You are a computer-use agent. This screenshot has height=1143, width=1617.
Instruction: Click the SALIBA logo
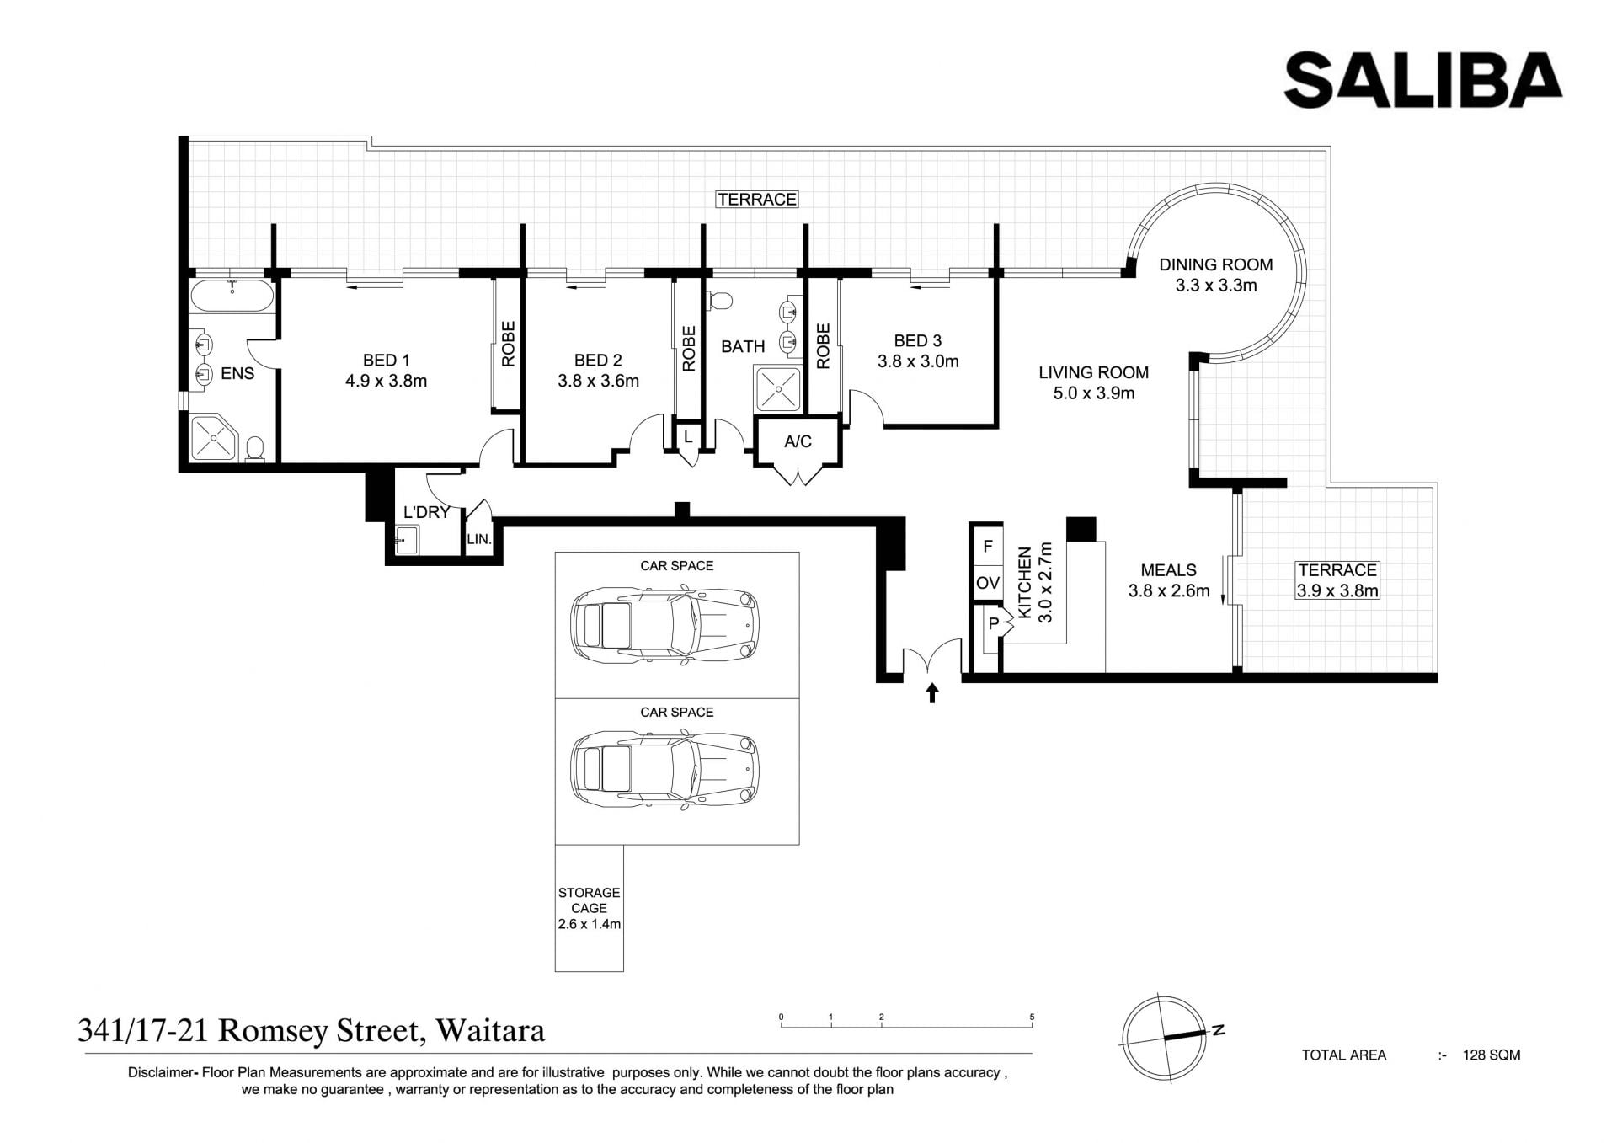pos(1422,79)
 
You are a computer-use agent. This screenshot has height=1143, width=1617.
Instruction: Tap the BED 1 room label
pos(386,361)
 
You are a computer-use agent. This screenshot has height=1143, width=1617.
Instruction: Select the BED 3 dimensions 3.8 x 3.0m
pos(918,361)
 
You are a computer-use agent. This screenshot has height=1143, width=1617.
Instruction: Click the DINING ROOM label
pos(1215,264)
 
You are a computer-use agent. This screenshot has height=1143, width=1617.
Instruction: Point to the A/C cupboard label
pos(798,441)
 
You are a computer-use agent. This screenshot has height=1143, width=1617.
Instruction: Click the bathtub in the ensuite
pos(232,296)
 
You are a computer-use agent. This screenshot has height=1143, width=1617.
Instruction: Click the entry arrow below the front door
pos(931,692)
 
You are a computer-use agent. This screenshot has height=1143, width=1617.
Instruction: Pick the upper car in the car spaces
pos(665,624)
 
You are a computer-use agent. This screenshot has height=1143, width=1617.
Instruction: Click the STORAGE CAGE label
pos(589,900)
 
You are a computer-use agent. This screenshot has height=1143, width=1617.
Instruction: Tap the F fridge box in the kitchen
pos(988,547)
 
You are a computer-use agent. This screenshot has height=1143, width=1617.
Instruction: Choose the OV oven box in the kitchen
pos(988,583)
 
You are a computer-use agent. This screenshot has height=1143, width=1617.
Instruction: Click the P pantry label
pos(994,624)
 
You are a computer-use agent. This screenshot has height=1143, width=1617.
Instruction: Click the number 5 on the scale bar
pos(1032,1017)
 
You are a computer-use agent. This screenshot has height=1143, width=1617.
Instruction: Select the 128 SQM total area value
pos(1492,1055)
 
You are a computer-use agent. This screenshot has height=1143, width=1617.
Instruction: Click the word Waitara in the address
pos(490,1031)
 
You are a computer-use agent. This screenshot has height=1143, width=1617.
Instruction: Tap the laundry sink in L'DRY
pos(406,539)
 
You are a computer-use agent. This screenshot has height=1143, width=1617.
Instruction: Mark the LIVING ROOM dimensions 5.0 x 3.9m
pos(1094,393)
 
